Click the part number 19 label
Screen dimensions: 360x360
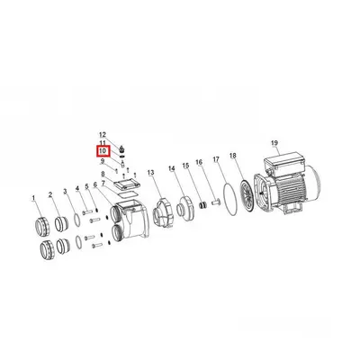(x=274, y=143)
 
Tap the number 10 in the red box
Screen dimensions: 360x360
(x=103, y=151)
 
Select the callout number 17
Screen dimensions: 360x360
(x=217, y=159)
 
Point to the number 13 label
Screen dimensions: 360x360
(x=150, y=172)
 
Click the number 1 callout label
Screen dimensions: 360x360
(x=33, y=198)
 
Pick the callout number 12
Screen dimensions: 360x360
(x=103, y=135)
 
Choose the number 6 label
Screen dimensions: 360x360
(x=95, y=185)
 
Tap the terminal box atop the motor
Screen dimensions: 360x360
(x=283, y=164)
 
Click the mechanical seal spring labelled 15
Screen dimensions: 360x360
(x=203, y=205)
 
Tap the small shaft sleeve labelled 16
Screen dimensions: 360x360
(x=216, y=202)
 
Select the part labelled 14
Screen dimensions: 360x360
(x=185, y=210)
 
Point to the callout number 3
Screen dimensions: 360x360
(x=65, y=191)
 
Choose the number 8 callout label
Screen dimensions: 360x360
(x=103, y=174)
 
